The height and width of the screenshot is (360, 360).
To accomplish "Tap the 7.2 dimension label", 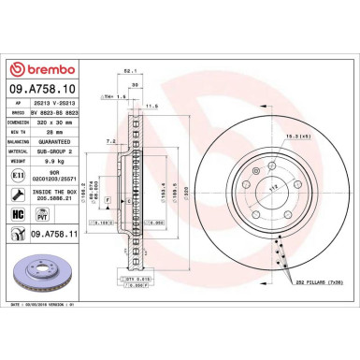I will point(110,141).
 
